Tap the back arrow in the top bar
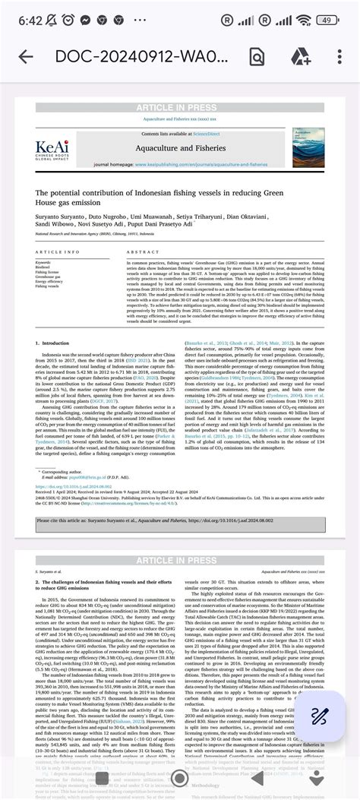click(25, 57)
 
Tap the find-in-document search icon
click(257, 57)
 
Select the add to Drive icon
click(298, 57)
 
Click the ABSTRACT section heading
click(143, 252)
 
